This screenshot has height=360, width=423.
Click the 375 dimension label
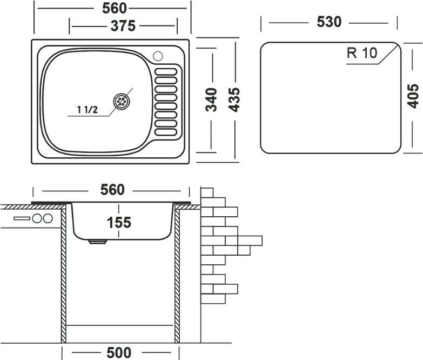[123, 25]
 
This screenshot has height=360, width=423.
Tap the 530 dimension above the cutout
[329, 22]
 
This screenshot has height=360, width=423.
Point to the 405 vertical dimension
[412, 97]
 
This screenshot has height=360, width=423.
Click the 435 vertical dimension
[236, 99]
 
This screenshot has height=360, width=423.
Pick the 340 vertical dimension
[211, 99]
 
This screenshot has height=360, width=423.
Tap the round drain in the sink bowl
[122, 101]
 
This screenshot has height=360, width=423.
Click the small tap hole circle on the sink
[158, 55]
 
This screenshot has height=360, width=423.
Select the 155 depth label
[119, 222]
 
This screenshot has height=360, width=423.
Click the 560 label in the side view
[113, 190]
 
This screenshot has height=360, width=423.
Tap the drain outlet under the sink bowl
[98, 243]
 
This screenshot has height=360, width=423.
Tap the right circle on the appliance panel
[48, 218]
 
